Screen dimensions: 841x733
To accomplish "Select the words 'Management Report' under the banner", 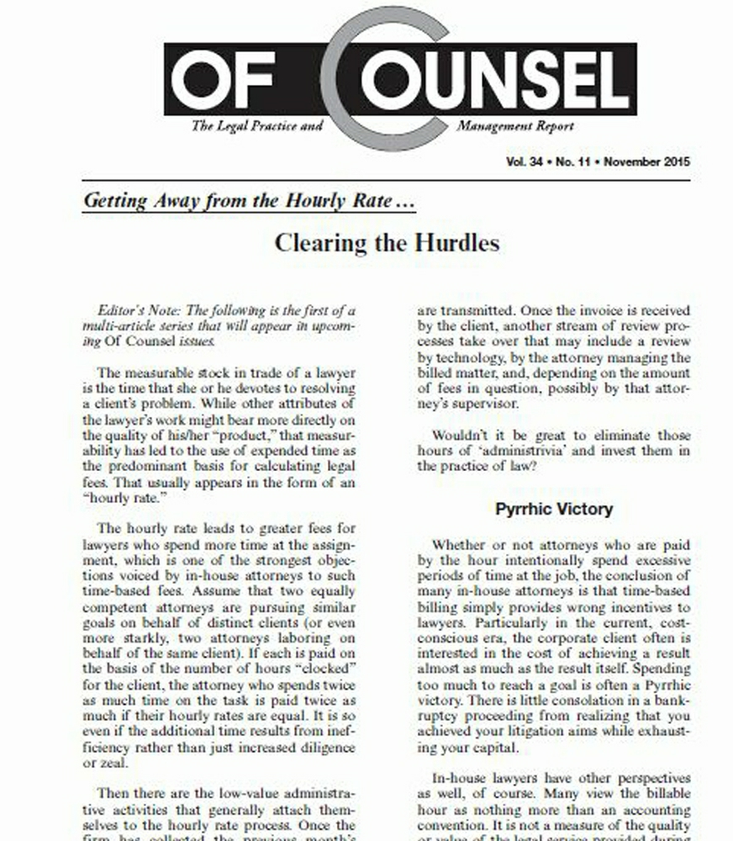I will coord(515,126).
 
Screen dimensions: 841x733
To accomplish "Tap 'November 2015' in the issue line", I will coord(646,161).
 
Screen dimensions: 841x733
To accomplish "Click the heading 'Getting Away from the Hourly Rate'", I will coord(238,202).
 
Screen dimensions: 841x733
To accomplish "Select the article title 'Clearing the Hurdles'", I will coord(387,243).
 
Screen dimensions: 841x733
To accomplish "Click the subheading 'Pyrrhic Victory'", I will coord(554,509).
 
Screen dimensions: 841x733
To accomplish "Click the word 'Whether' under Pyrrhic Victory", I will coord(459,545).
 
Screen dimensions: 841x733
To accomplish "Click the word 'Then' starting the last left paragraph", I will coord(113,793).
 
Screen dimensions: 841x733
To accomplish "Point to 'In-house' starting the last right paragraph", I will coord(460,780).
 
